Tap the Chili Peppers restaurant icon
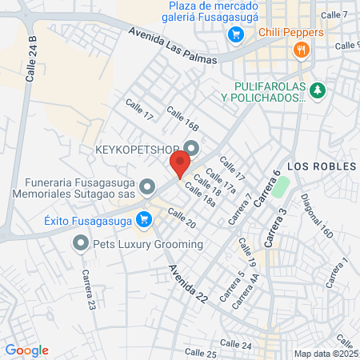pos(302,50)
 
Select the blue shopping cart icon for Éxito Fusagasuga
pos(144,218)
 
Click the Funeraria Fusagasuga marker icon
pos(146,187)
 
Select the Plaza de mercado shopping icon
pos(235,34)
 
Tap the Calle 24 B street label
pos(32,59)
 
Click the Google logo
pos(26,350)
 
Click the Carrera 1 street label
pos(342,272)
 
